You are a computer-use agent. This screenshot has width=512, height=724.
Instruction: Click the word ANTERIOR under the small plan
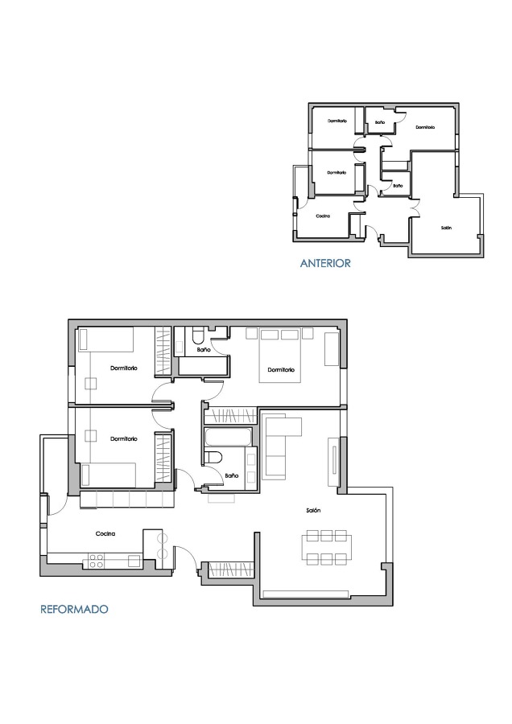(325, 263)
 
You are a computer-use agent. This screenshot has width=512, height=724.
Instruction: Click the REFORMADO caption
(74, 610)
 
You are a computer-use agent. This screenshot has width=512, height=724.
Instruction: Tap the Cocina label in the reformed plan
(106, 533)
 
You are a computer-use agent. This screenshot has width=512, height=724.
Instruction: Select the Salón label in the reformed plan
(314, 511)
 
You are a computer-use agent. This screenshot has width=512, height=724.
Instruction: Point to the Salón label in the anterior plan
(446, 228)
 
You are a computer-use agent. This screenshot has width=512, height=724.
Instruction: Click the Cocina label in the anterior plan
(324, 216)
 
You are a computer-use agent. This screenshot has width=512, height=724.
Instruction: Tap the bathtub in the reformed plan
(228, 438)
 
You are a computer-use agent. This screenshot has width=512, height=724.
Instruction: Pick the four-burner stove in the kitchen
(97, 559)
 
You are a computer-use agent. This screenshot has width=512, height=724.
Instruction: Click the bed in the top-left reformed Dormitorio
(105, 340)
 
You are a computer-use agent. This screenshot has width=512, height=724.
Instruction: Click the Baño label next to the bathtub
(232, 476)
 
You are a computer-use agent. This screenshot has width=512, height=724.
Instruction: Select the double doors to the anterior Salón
(416, 208)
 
